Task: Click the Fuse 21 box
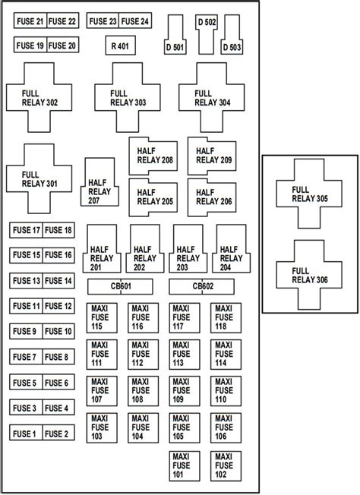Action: click(x=29, y=21)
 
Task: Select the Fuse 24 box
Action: click(x=135, y=21)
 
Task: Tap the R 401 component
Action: click(x=119, y=46)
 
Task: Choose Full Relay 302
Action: click(x=40, y=97)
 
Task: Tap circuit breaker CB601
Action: click(x=120, y=286)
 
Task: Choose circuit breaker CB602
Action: click(x=202, y=286)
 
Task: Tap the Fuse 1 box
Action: click(x=25, y=434)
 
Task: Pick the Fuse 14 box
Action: click(x=58, y=280)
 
